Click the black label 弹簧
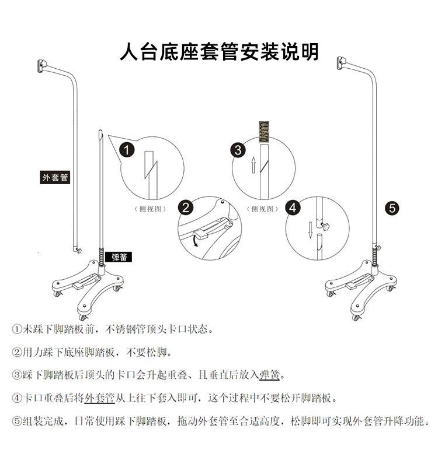pos(119,255)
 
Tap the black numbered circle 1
pos(127,150)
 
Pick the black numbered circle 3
pos(237,150)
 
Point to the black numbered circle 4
pos(294,208)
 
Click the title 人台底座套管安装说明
pos(219,52)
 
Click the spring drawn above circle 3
pos(264,132)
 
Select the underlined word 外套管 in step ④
pos(99,398)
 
